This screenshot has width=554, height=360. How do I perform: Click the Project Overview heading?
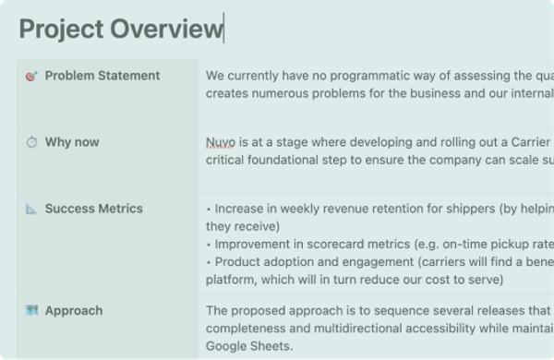121,29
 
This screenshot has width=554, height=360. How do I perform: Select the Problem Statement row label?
102,76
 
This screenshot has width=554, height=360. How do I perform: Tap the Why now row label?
72,142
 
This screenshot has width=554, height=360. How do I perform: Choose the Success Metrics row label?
94,209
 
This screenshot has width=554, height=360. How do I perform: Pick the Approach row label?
74,310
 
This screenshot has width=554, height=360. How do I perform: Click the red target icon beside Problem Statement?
31,76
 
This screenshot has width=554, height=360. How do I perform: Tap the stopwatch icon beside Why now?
31,142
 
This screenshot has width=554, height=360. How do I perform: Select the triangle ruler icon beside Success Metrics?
31,209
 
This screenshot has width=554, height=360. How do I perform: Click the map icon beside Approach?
31,310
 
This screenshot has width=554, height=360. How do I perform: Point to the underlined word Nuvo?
221,142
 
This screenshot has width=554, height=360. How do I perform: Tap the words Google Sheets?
249,346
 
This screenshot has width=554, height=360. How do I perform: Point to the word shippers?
471,209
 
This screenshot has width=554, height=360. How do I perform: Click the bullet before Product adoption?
209,262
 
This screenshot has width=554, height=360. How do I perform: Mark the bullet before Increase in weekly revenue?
209,210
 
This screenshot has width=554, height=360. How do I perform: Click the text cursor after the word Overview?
223,28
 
